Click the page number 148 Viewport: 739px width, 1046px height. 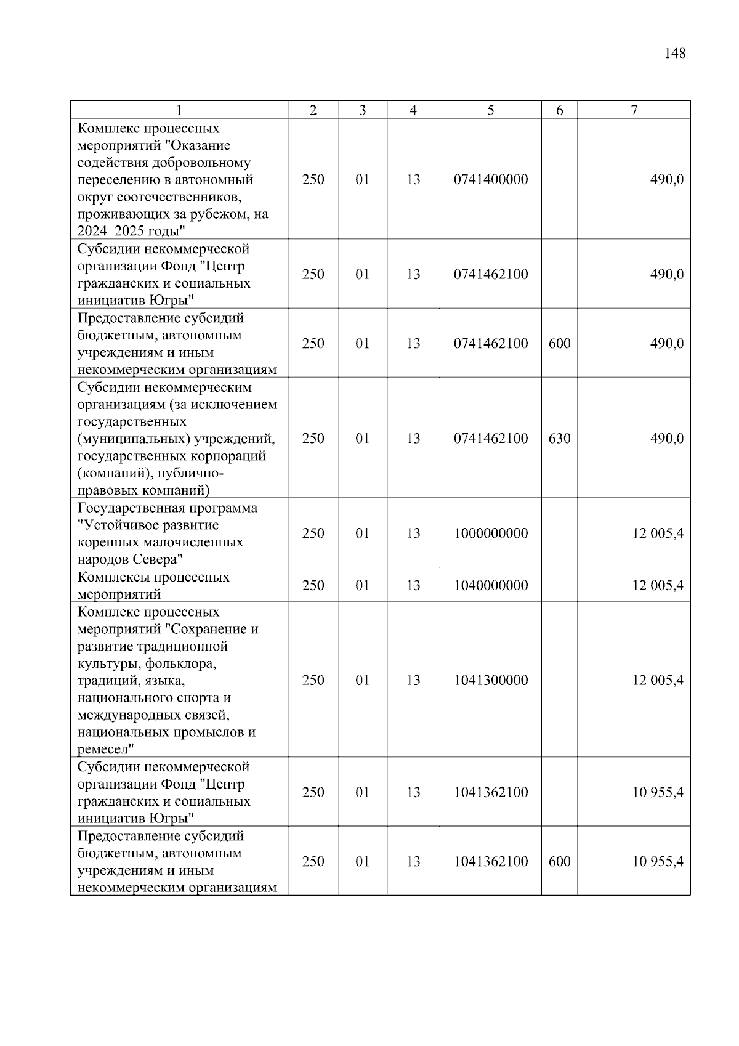tap(675, 54)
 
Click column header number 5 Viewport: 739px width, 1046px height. tap(490, 110)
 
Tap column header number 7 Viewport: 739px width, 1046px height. tap(634, 110)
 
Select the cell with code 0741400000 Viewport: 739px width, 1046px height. tap(491, 179)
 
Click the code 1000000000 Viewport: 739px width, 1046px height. tap(491, 533)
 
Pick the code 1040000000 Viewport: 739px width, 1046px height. tap(491, 585)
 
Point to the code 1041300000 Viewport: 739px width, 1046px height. tap(491, 680)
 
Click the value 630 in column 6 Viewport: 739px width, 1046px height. tap(559, 438)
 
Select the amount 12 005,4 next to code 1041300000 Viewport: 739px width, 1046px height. tap(657, 680)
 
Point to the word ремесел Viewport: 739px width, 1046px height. tap(102, 750)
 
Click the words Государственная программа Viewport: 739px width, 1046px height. tap(168, 508)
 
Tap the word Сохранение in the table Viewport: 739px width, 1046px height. tap(208, 630)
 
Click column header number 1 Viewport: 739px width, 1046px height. tap(179, 110)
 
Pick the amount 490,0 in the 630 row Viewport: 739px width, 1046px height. tap(666, 438)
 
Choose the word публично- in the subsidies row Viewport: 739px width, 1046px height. tap(192, 473)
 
